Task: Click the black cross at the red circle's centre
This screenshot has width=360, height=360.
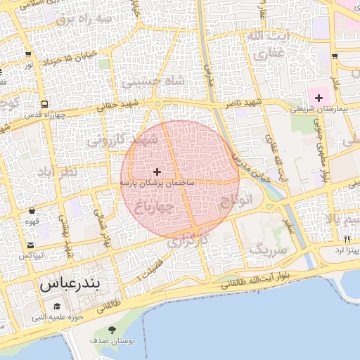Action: click(x=156, y=171)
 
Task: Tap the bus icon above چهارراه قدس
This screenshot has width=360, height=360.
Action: click(x=44, y=104)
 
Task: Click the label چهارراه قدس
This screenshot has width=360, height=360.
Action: click(x=44, y=115)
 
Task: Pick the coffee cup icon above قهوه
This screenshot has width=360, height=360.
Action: click(x=32, y=211)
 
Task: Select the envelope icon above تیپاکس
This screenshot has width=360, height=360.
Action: click(x=31, y=245)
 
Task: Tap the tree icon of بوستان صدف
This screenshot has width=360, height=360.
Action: click(x=112, y=330)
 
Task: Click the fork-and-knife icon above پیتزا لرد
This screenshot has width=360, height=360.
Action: click(x=347, y=239)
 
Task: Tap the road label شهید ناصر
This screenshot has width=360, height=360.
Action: click(x=243, y=103)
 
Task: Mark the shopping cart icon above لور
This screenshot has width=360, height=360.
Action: click(x=27, y=54)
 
